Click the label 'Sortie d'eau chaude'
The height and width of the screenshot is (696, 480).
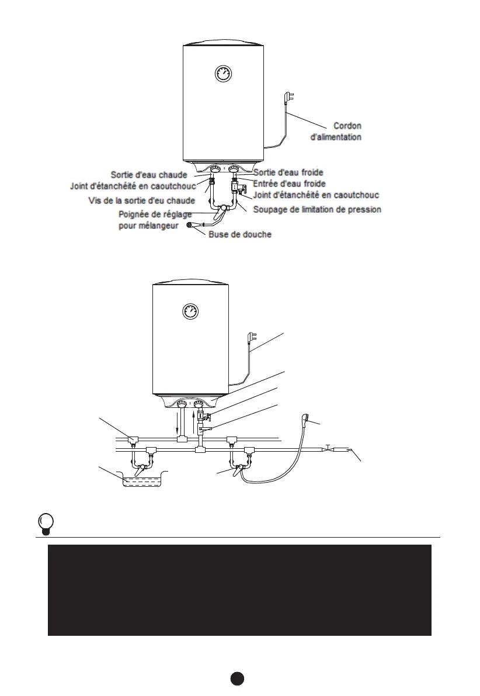coord(149,174)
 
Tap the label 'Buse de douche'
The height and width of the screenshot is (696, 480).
coord(240,234)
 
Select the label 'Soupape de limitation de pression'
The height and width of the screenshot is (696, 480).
coord(317,209)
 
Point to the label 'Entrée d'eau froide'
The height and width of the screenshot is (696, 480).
coord(289,183)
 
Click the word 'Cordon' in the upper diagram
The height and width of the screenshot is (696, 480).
coord(347,126)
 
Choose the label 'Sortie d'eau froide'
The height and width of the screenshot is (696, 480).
coord(288,172)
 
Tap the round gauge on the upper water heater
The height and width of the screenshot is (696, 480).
coord(222,74)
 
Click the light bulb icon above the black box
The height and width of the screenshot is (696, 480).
coord(45,522)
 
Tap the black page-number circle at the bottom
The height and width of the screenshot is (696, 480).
coord(236,678)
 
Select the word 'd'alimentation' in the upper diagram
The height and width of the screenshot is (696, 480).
coord(335,138)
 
